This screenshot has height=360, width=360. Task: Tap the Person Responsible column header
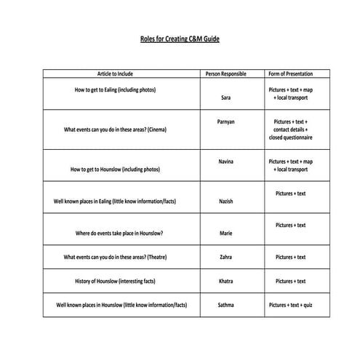click(225, 74)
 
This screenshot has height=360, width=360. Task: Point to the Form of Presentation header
click(290, 74)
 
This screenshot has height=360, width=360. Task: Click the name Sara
click(225, 97)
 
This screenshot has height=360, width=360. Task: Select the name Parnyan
click(225, 121)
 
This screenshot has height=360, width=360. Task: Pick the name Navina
click(225, 161)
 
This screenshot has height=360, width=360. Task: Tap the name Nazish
click(225, 200)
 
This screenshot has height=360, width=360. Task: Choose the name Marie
click(225, 233)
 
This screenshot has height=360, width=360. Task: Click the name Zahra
click(225, 257)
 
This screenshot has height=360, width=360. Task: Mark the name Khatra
click(225, 281)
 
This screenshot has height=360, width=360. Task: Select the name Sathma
click(225, 305)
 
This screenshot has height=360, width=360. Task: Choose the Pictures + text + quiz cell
click(290, 305)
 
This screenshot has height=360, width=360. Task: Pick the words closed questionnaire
click(290, 137)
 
